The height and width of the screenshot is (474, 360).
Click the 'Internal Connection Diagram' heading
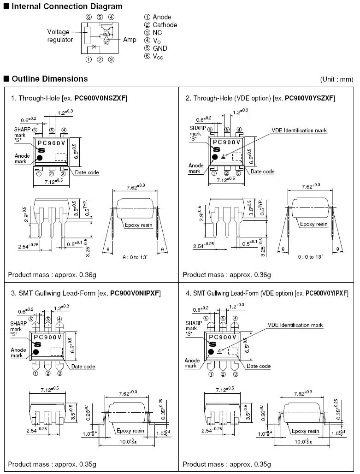(x=67, y=6)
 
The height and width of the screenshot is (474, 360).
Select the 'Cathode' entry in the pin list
(x=165, y=25)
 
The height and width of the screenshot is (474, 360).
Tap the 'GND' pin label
(x=160, y=48)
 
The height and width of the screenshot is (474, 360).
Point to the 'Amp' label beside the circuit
(x=130, y=40)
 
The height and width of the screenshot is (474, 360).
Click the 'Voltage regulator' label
(x=60, y=36)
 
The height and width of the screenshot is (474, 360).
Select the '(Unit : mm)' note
(x=336, y=79)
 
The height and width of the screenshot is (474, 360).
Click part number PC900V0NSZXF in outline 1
(x=100, y=98)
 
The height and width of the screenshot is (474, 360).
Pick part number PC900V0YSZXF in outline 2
(x=309, y=98)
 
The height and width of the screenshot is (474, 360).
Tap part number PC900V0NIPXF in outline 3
(x=135, y=293)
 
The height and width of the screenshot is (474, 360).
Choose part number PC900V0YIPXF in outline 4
(x=326, y=293)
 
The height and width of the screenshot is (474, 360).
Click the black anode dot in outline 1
(x=40, y=158)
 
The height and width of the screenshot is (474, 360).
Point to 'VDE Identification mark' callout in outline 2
(x=299, y=130)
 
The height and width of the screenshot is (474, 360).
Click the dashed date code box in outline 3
(x=57, y=351)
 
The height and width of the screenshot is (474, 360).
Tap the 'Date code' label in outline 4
(x=259, y=366)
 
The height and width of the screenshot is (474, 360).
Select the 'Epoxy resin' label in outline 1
(x=138, y=225)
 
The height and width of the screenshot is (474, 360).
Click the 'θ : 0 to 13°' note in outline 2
(x=310, y=257)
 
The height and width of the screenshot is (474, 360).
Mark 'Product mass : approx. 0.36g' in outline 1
(x=52, y=275)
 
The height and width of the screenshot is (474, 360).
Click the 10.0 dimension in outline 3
(x=128, y=442)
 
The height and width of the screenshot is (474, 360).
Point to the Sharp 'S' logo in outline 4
(x=213, y=344)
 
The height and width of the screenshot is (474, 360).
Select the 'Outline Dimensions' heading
(x=50, y=79)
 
